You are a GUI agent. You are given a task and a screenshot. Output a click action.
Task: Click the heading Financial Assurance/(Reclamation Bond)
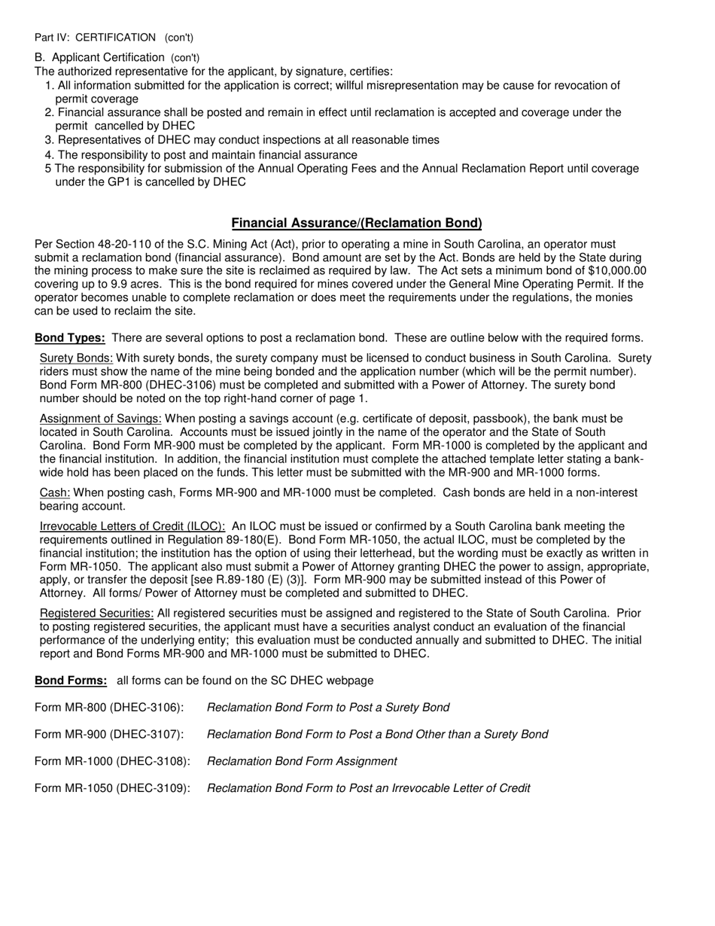coord(357,223)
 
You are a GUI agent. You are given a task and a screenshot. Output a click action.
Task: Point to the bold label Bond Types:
coord(69,338)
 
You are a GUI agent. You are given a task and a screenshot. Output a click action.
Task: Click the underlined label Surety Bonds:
coord(76,358)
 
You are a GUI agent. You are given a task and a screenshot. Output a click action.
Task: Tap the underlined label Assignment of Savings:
coord(100,419)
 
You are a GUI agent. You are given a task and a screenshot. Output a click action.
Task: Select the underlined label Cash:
coord(55,493)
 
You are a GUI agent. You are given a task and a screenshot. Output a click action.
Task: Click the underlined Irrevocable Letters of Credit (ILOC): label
coord(132,526)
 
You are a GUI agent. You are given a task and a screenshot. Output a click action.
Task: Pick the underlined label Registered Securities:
coord(96,614)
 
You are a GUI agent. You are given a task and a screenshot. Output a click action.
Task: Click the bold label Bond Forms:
coord(71,681)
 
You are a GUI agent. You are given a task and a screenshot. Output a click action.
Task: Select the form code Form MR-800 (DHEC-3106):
coord(109,708)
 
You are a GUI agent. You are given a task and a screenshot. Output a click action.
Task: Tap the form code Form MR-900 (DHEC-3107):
coord(109,734)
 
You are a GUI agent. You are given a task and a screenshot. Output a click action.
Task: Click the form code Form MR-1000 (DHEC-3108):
coord(112,761)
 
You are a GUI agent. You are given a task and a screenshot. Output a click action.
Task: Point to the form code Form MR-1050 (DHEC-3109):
coord(112,788)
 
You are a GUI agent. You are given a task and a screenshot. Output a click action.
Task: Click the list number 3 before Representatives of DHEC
coord(49,141)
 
